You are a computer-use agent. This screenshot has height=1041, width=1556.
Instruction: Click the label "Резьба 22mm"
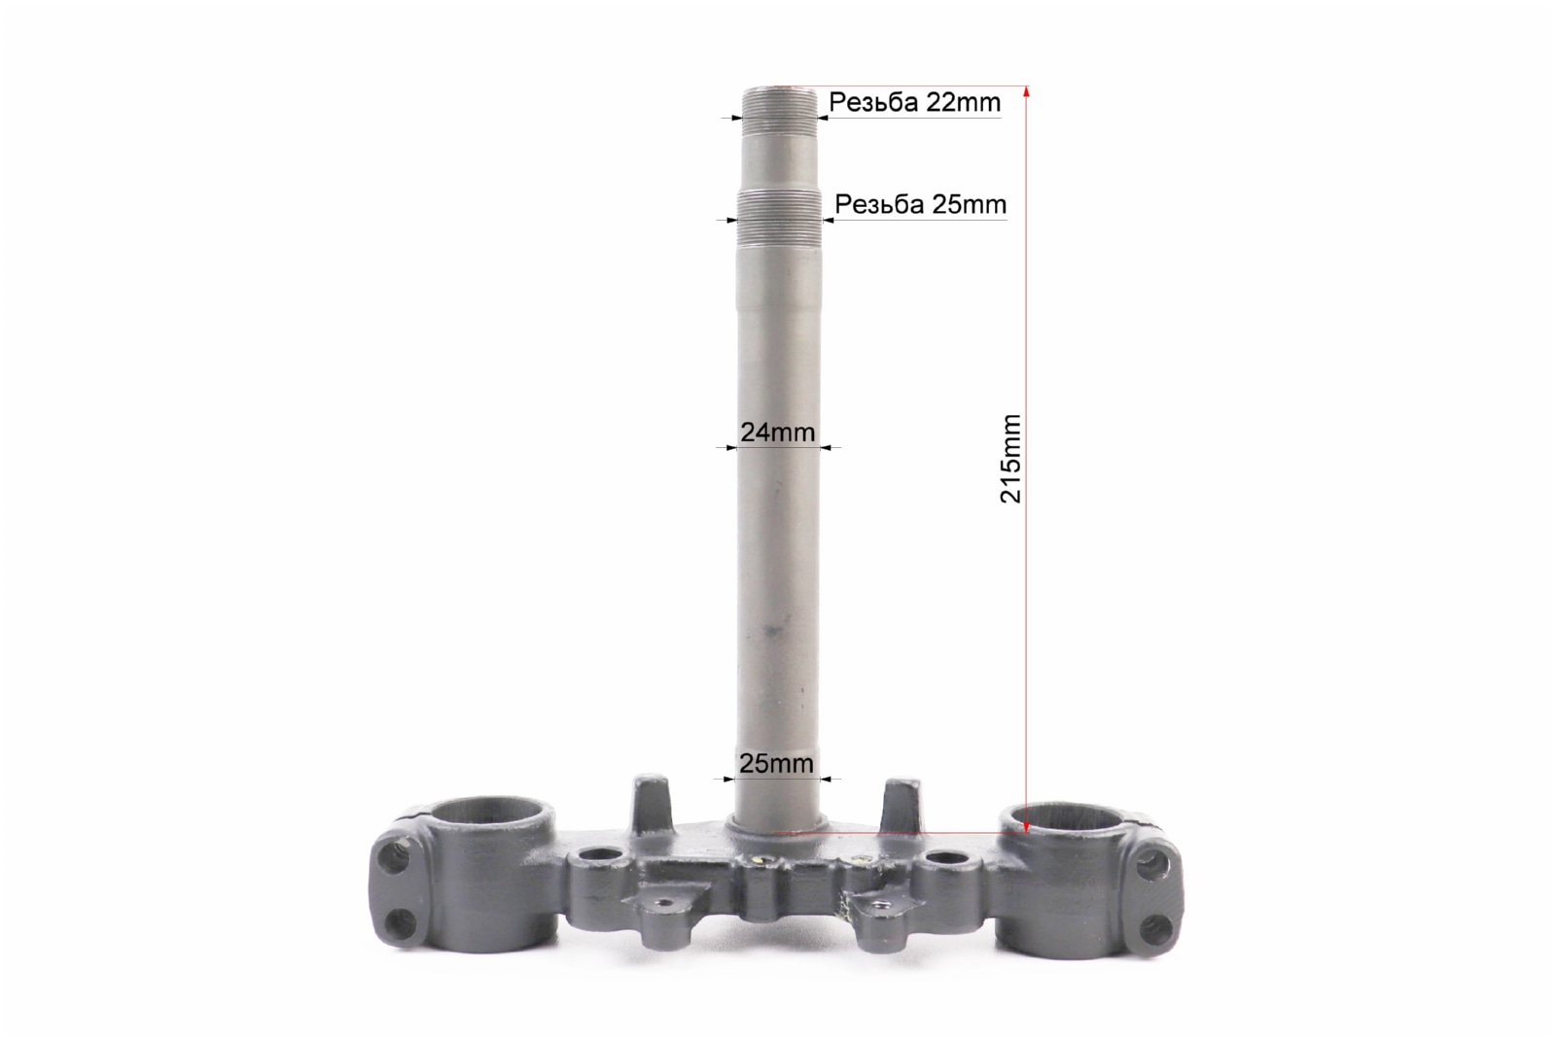pyautogui.click(x=914, y=103)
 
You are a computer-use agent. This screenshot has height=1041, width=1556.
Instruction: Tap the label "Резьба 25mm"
pyautogui.click(x=920, y=205)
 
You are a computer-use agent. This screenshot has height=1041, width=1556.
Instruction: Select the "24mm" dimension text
pyautogui.click(x=777, y=433)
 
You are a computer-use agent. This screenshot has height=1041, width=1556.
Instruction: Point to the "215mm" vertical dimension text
pyautogui.click(x=1010, y=459)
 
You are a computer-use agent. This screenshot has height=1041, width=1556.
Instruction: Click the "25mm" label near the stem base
pyautogui.click(x=776, y=764)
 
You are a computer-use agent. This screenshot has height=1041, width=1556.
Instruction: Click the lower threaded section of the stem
pyautogui.click(x=779, y=220)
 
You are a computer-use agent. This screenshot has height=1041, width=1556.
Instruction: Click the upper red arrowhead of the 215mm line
pyautogui.click(x=1027, y=91)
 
